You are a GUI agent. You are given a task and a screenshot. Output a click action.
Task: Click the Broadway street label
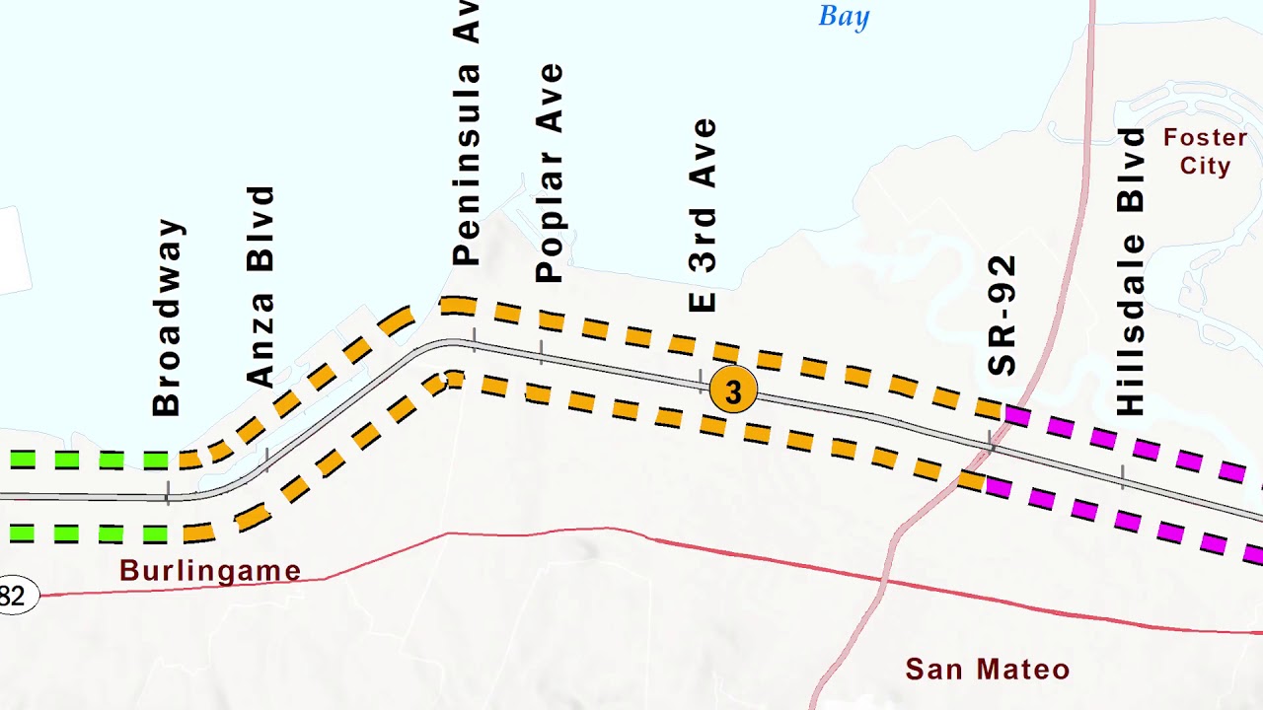click(x=167, y=318)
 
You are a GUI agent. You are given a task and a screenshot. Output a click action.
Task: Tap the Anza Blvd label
click(x=260, y=286)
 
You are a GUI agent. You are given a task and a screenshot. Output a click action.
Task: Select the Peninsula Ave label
click(x=465, y=133)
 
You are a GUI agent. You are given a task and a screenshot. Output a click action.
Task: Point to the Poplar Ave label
click(x=550, y=174)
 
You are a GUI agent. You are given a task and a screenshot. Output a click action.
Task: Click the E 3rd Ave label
click(x=703, y=215)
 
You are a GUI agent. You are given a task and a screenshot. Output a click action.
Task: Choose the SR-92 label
click(x=1003, y=316)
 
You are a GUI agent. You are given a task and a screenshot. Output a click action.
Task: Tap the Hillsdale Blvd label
click(x=1131, y=271)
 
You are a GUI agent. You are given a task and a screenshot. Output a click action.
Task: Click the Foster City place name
click(x=1205, y=152)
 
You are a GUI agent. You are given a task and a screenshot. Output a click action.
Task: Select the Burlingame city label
click(x=210, y=571)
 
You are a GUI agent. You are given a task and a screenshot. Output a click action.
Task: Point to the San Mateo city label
click(x=988, y=670)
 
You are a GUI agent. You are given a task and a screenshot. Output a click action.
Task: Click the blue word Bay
click(x=845, y=17)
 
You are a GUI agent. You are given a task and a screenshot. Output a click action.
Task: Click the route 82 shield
click(x=14, y=596)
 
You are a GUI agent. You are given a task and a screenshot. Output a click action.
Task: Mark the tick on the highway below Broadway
click(x=168, y=493)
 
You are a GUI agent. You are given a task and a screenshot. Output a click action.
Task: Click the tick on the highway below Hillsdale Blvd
click(x=1122, y=477)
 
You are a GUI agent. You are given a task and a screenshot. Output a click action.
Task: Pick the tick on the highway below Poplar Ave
click(x=541, y=353)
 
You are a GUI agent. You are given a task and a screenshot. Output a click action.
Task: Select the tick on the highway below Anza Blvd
click(x=266, y=460)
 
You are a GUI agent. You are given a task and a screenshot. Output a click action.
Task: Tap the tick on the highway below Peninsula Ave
click(x=474, y=341)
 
